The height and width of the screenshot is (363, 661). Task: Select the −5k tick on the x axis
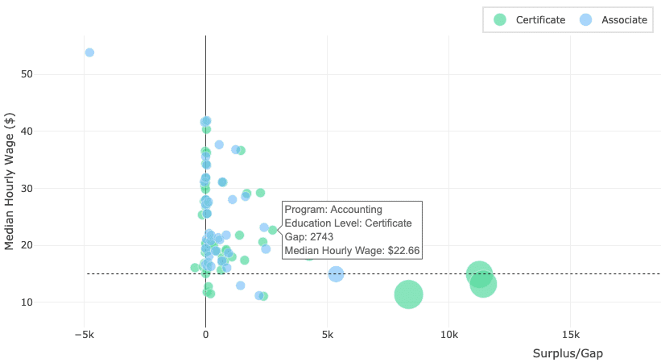84,335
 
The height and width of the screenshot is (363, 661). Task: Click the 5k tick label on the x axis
327,335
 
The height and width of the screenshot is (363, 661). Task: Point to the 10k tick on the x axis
448,335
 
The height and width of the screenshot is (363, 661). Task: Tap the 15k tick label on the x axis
570,335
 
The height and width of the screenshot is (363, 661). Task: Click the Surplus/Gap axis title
568,354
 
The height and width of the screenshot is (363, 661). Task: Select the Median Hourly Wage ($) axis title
10,181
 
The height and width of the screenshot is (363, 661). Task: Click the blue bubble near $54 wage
89,52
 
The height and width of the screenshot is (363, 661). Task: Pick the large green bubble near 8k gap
408,294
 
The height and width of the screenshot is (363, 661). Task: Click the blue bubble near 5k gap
336,274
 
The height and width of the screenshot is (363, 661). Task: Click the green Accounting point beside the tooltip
273,230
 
